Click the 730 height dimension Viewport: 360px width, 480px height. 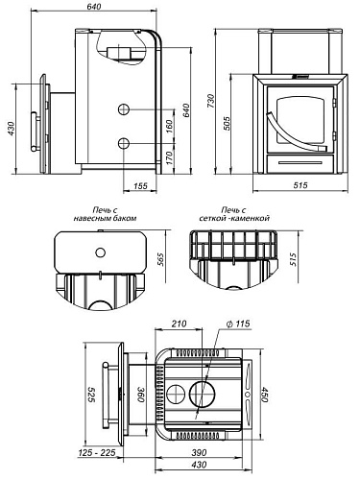pyautogui.click(x=210, y=101)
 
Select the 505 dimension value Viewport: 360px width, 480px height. pyautogui.click(x=226, y=124)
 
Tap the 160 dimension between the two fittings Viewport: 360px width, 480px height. pyautogui.click(x=170, y=127)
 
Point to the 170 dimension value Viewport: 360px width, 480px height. pyautogui.click(x=170, y=158)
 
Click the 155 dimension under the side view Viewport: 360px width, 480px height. pyautogui.click(x=140, y=186)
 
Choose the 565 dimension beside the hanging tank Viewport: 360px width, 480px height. pyautogui.click(x=160, y=259)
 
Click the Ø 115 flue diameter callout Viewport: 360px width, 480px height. pyautogui.click(x=238, y=324)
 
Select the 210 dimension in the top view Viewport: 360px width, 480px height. pyautogui.click(x=179, y=324)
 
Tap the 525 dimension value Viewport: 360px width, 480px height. pyautogui.click(x=92, y=395)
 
